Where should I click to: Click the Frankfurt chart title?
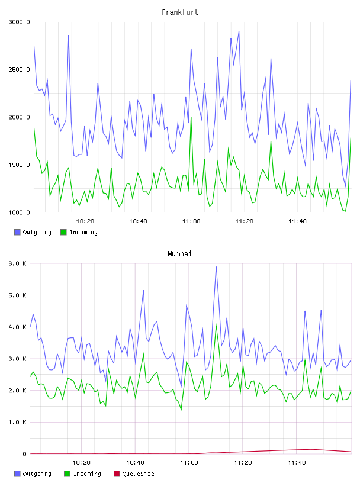(180, 12)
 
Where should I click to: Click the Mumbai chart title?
(179, 254)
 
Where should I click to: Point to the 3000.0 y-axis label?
(19, 22)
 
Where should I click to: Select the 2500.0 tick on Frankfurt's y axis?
(19, 70)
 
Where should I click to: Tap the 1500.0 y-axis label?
(19, 165)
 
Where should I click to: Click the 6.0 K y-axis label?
(17, 263)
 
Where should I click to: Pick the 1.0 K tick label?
(17, 422)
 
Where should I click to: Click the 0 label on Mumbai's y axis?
(24, 454)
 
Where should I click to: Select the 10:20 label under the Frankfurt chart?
(85, 221)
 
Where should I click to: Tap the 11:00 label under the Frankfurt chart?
(191, 221)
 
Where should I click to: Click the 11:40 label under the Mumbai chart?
(297, 463)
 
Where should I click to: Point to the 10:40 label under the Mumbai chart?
(136, 463)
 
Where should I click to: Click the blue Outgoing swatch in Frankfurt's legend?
(17, 232)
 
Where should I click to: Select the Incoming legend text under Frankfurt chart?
(83, 233)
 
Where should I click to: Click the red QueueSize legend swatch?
(117, 474)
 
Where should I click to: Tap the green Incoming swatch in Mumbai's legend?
(67, 474)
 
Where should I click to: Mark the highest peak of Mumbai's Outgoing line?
(216, 267)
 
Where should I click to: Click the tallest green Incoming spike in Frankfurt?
(191, 118)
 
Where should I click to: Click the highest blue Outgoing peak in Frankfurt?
(239, 31)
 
